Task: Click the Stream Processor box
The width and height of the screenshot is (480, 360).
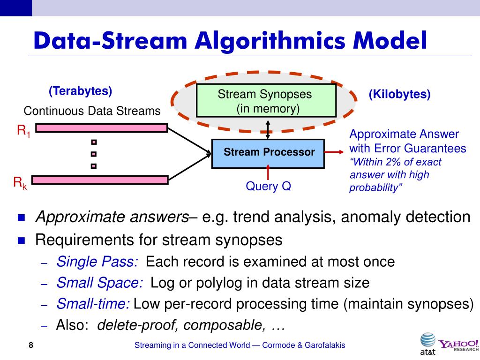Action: coord(268,153)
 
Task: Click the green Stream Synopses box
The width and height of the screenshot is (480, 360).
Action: coord(266,100)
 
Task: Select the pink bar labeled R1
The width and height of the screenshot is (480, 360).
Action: coord(101,128)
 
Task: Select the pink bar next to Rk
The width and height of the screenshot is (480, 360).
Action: coord(101,180)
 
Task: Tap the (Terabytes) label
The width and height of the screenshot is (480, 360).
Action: coord(80,91)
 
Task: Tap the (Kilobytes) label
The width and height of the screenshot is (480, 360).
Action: coord(399,94)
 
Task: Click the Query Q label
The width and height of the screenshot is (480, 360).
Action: coord(269,186)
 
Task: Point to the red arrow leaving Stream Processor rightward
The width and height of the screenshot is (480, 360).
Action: coord(335,152)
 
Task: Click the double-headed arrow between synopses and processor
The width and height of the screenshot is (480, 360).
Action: coord(268,128)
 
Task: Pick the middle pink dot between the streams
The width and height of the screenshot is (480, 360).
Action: coord(94,154)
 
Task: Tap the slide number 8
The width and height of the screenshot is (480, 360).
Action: coord(31,345)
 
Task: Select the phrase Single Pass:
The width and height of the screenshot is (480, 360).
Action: coord(97,262)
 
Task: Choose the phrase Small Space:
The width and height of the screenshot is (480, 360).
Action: coord(100,283)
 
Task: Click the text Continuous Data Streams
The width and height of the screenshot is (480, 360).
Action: coord(92,112)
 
